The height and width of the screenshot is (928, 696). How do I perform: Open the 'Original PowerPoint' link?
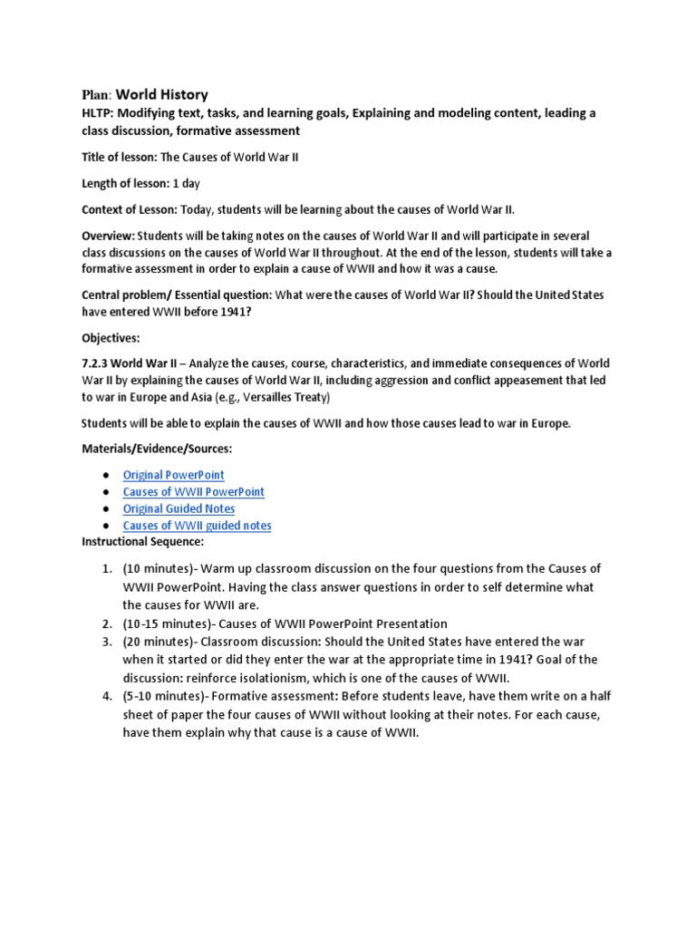pyautogui.click(x=173, y=475)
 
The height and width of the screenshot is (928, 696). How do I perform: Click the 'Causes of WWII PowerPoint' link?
pyautogui.click(x=193, y=492)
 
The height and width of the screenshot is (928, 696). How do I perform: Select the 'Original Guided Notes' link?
pyautogui.click(x=179, y=509)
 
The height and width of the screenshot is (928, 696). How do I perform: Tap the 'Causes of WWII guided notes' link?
pyautogui.click(x=197, y=526)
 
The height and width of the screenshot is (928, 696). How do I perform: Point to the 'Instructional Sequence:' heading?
pyautogui.click(x=143, y=542)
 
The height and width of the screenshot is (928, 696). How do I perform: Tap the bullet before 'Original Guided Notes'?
pyautogui.click(x=106, y=509)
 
